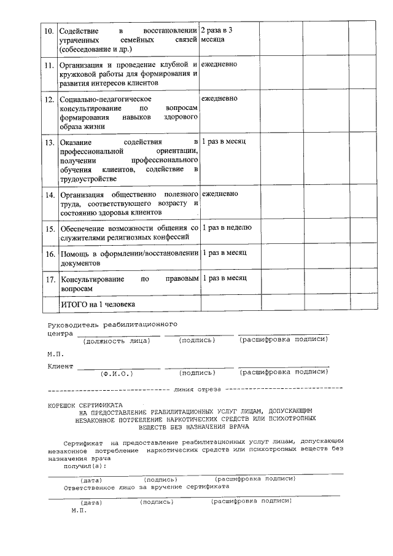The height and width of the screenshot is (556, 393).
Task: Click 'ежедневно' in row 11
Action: [219, 65]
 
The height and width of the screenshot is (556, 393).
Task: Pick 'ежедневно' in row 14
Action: [219, 194]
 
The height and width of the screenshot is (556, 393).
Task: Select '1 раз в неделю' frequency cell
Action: [227, 228]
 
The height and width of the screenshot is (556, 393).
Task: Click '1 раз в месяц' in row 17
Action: [224, 278]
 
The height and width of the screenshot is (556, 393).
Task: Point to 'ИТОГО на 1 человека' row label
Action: [97, 304]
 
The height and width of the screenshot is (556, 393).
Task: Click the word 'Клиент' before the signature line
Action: [60, 367]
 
